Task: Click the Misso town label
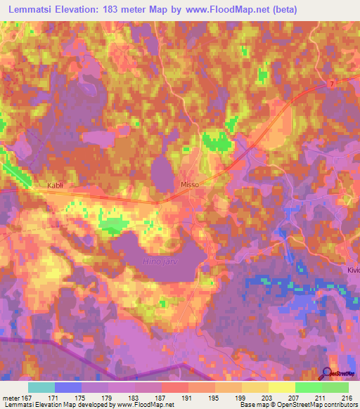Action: point(191,184)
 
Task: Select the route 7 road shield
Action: point(330,84)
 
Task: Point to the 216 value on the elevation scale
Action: point(345,398)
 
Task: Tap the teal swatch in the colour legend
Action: point(41,387)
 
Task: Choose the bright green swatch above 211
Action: point(309,387)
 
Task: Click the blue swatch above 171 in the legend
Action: point(68,387)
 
